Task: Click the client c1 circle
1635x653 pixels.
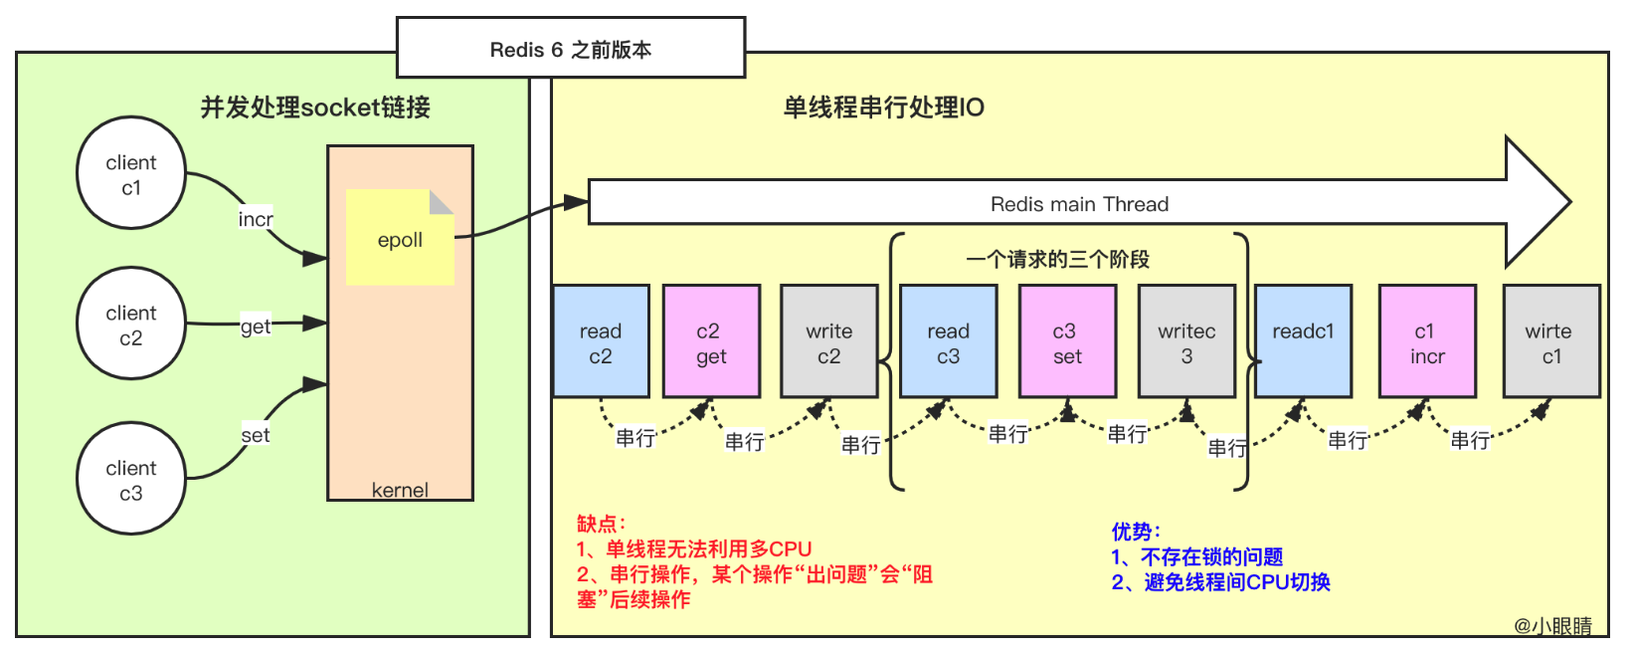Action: (131, 174)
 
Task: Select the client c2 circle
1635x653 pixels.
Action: (131, 325)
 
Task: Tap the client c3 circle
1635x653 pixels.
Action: (131, 480)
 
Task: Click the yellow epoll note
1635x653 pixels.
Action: (400, 239)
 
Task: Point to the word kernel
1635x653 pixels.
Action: (400, 490)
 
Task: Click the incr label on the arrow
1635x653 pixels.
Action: (256, 219)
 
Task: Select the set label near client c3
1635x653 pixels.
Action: (256, 435)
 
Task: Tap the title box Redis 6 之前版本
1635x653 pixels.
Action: (571, 49)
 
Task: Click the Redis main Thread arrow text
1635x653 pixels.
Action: (1079, 204)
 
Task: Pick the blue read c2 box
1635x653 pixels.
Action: (601, 342)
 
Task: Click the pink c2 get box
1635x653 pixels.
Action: (711, 342)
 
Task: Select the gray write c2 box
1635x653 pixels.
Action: (829, 342)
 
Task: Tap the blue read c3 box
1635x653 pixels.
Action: (948, 342)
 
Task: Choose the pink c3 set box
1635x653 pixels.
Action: (1067, 342)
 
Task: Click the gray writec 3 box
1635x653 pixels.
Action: (1186, 342)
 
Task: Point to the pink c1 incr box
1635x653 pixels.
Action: (1427, 342)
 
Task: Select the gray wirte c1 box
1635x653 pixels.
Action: (1550, 342)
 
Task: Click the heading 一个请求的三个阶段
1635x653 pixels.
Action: (1057, 260)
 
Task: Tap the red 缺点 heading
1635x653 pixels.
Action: (601, 524)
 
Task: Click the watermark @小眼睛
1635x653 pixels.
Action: (1552, 626)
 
